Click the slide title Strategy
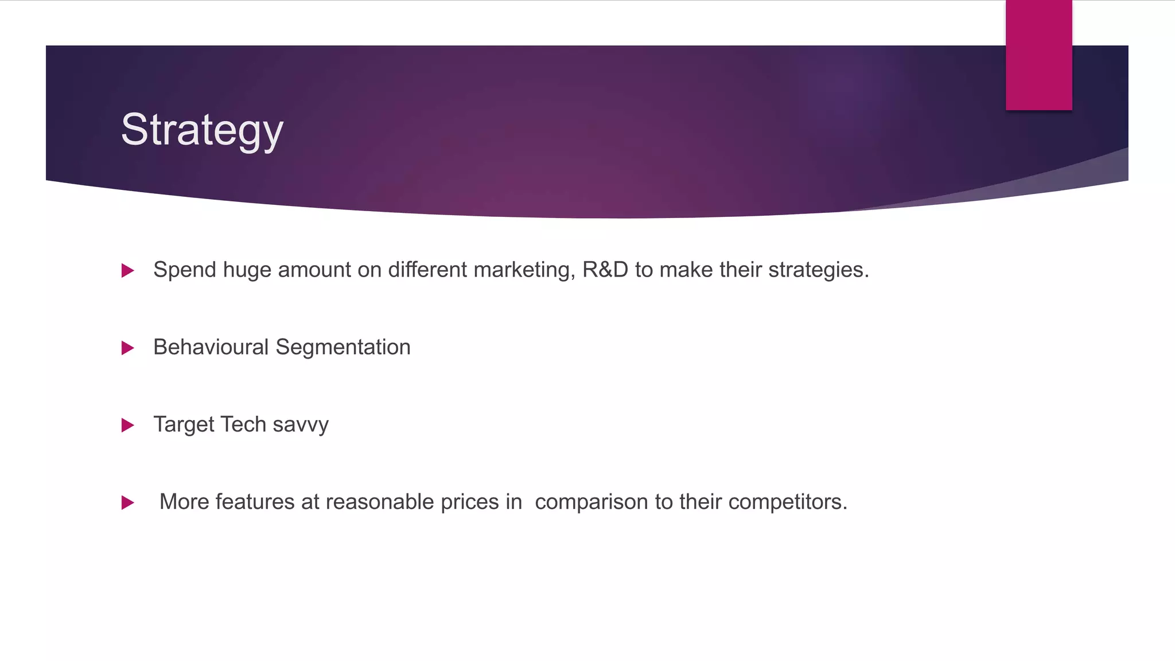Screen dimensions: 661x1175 pos(202,130)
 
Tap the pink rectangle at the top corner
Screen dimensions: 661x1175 pos(1038,55)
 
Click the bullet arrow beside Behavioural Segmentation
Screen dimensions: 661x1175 pos(128,348)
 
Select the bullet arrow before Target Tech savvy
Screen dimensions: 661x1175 pos(128,425)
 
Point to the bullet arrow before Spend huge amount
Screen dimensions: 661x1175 pos(128,270)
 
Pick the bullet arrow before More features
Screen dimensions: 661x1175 pos(128,503)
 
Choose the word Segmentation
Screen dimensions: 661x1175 pos(343,348)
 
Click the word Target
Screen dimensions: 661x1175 pos(184,425)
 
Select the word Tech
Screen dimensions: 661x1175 pos(243,425)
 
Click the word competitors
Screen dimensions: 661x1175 pos(787,503)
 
